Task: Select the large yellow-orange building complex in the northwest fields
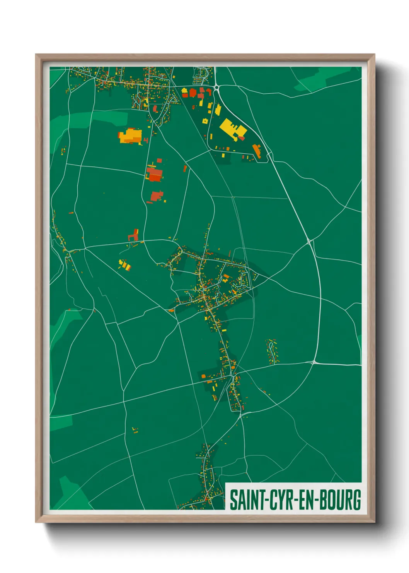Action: pyautogui.click(x=130, y=136)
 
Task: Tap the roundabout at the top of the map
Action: pyautogui.click(x=216, y=88)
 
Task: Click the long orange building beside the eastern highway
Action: pyautogui.click(x=257, y=151)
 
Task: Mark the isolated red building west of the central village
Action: pyautogui.click(x=134, y=235)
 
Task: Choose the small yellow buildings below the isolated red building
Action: pyautogui.click(x=125, y=265)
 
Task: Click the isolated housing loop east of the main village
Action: pyautogui.click(x=271, y=352)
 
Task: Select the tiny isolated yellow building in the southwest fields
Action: pyautogui.click(x=135, y=430)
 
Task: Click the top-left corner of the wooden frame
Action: pyautogui.click(x=37, y=55)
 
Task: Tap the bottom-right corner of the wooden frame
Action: pyautogui.click(x=374, y=521)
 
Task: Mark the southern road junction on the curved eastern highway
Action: pyautogui.click(x=314, y=362)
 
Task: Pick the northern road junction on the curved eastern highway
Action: pyautogui.click(x=309, y=241)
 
